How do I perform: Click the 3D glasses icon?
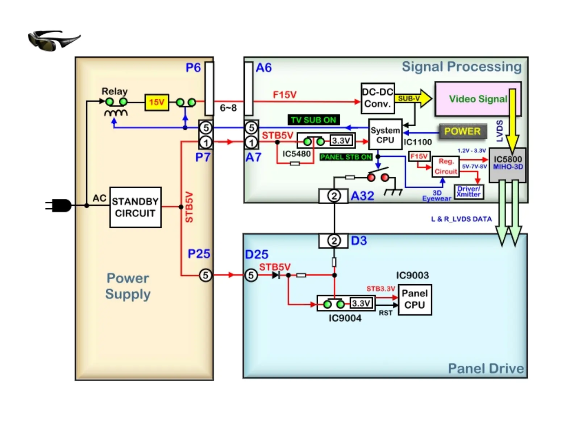[54, 40]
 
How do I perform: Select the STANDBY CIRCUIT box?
[135, 207]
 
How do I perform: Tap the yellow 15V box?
[157, 102]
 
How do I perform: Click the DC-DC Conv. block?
[378, 98]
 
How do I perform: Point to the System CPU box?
[385, 135]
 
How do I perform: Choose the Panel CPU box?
[415, 299]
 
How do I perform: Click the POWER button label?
[462, 131]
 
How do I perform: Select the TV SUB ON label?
[313, 120]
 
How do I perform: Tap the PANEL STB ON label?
[346, 157]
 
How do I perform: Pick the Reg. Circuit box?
[445, 166]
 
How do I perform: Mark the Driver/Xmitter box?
[469, 192]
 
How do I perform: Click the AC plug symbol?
[59, 206]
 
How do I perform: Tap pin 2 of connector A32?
[334, 196]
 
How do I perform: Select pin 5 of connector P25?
[205, 275]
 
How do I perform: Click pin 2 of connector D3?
[334, 241]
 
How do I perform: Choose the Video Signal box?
[478, 99]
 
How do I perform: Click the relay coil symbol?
[116, 113]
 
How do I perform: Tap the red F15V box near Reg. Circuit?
[419, 156]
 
